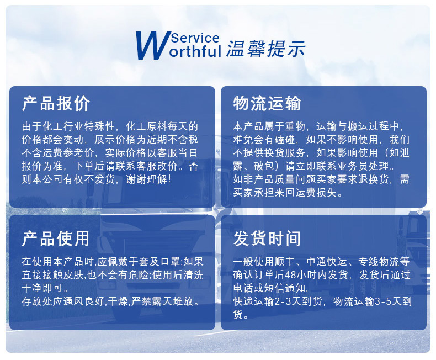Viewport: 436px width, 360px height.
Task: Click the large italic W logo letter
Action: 152,46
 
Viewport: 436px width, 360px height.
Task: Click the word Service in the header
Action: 195,38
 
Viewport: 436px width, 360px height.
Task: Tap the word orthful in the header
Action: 196,52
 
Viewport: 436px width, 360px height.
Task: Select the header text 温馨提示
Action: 265,49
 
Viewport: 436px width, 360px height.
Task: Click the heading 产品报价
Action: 56,103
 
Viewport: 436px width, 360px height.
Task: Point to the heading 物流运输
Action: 267,103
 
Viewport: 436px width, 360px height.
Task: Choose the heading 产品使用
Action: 56,239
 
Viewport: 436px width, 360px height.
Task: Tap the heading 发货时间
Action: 267,239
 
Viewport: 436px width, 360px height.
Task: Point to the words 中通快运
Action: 329,261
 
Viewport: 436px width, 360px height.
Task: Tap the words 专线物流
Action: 379,261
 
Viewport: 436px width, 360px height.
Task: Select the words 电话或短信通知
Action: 270,288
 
